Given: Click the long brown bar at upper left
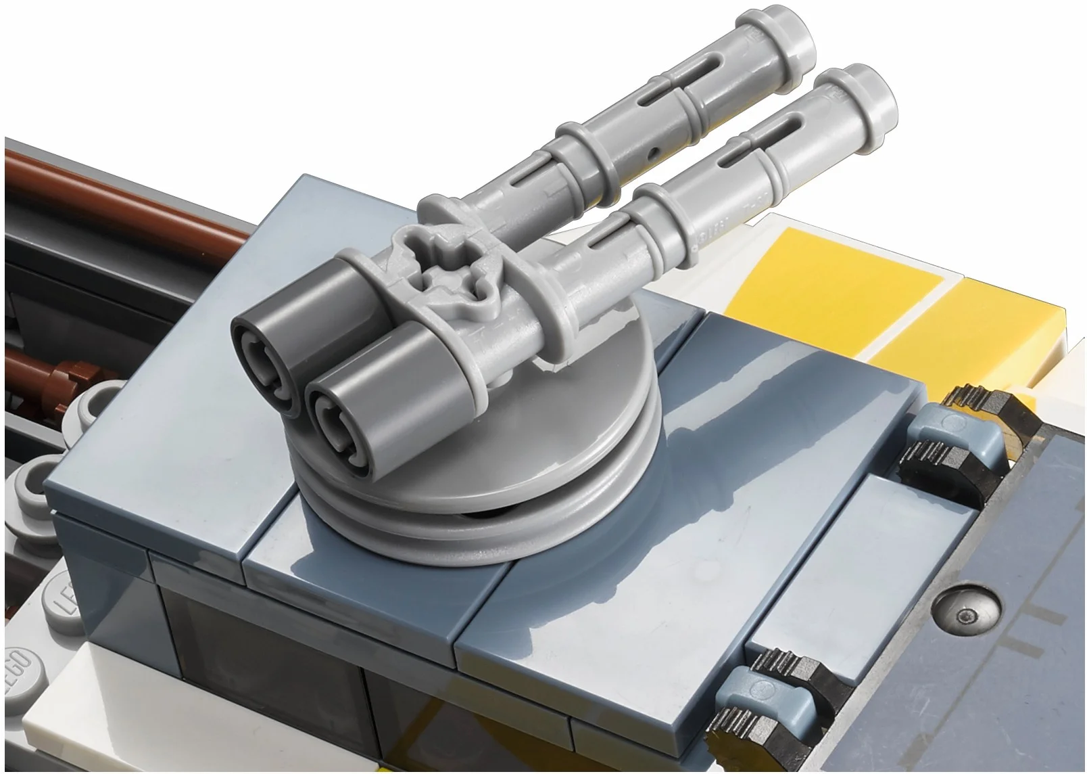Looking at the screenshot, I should click(x=122, y=196).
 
